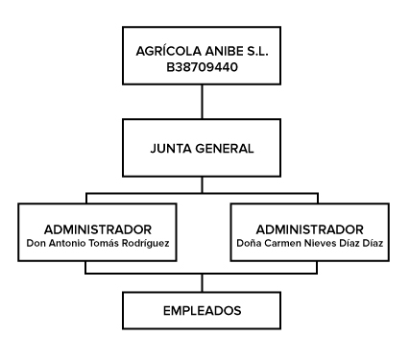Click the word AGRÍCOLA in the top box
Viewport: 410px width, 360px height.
tap(168, 51)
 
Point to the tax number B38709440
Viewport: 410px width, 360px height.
tap(202, 67)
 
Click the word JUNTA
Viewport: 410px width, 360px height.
tap(171, 149)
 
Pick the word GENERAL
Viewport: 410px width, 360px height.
tap(225, 149)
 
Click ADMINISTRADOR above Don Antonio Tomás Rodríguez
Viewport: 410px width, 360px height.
tap(98, 229)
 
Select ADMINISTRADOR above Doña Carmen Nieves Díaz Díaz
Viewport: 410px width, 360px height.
tap(309, 229)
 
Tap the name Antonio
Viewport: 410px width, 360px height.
tap(67, 243)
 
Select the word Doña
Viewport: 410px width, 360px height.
tap(249, 243)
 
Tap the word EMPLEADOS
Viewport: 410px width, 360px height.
tap(202, 311)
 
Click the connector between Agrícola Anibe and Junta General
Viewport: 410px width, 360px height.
tap(202, 102)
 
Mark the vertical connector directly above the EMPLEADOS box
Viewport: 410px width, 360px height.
tap(202, 283)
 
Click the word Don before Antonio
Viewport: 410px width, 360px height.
tap(36, 243)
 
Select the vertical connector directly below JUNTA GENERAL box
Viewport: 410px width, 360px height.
tap(202, 184)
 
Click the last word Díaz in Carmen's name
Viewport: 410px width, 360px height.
tap(373, 243)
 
